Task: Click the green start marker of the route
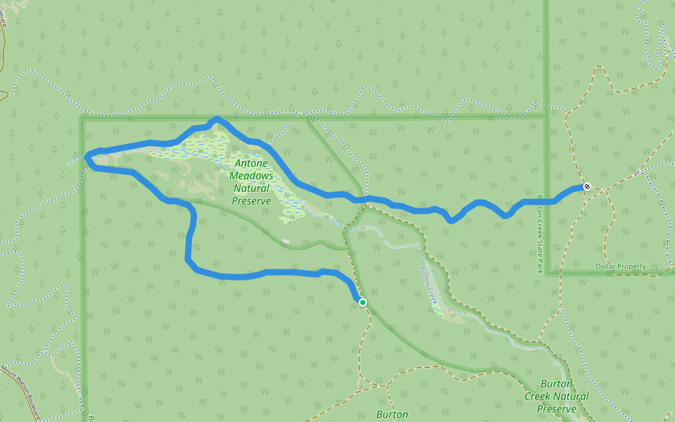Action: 363,302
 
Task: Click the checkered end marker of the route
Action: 587,186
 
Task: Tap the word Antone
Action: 252,163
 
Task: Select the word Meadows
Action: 252,176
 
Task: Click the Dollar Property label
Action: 620,267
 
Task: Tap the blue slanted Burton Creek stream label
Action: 429,284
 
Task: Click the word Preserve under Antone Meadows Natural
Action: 252,201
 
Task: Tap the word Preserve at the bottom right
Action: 556,409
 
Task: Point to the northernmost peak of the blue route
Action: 217,119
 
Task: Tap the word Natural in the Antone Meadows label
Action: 252,188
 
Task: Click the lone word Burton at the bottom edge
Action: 392,414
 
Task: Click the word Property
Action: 631,267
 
